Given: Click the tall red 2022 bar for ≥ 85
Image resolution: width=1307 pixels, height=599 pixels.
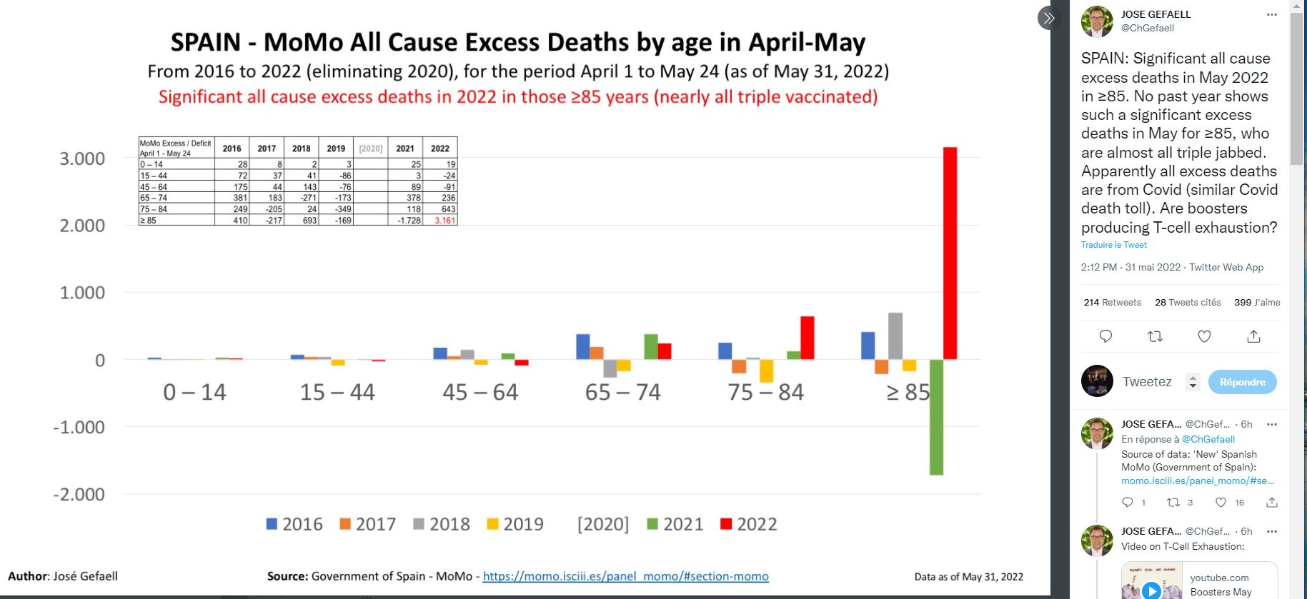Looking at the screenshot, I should [950, 253].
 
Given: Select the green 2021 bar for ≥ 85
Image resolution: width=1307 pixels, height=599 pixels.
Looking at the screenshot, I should [936, 417].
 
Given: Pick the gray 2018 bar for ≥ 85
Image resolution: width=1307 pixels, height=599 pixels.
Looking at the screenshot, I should [895, 336].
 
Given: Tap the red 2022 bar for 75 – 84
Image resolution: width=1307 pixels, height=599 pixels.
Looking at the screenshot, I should [807, 338].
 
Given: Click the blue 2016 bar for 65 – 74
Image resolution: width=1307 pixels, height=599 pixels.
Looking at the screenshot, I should [583, 346].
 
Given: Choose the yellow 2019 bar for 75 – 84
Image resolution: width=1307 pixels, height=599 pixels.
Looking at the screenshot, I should [766, 371].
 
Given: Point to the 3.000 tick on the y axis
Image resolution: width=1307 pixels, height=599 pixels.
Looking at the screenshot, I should [82, 158].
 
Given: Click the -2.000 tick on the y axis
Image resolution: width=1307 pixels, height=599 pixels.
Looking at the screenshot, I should [79, 494].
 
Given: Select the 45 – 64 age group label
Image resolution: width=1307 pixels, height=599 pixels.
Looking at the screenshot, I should [480, 392].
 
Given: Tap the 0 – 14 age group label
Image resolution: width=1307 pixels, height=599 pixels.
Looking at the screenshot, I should [194, 392].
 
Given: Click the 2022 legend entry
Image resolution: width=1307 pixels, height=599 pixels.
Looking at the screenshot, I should [748, 524].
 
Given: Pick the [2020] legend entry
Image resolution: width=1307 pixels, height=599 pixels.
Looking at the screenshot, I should [603, 524].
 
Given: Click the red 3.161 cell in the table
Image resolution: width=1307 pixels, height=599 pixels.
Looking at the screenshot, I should [444, 221].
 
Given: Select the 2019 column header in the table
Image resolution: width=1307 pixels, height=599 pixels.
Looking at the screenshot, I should [336, 149].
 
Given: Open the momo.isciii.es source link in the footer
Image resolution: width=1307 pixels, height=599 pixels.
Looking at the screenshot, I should [625, 576].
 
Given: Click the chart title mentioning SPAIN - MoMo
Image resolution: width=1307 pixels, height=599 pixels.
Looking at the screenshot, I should [517, 42].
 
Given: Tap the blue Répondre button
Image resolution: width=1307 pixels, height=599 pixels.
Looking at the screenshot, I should [1242, 382].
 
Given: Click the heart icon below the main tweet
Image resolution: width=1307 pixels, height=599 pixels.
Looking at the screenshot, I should [1204, 336].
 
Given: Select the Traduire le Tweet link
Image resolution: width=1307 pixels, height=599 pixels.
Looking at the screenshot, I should [1113, 245].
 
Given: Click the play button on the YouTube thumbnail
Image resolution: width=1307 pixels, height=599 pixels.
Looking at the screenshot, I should [1151, 590].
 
